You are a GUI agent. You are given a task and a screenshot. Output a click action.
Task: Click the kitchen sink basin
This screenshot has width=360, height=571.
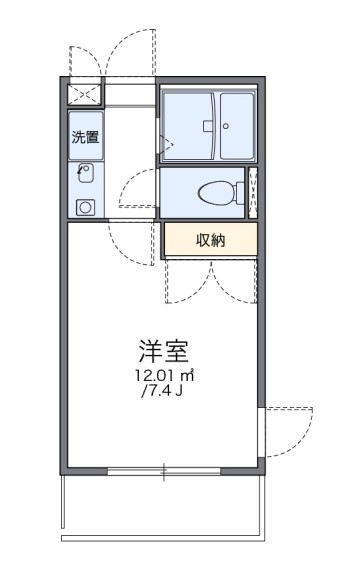point(85,173)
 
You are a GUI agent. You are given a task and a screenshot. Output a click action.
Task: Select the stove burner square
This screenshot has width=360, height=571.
point(85,207)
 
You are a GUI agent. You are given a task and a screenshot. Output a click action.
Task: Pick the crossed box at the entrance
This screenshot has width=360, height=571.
point(84,92)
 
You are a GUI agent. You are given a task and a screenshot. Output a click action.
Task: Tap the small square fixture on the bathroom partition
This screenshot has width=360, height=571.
point(204,126)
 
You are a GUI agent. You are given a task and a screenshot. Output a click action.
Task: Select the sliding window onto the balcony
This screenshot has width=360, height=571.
point(165,471)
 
